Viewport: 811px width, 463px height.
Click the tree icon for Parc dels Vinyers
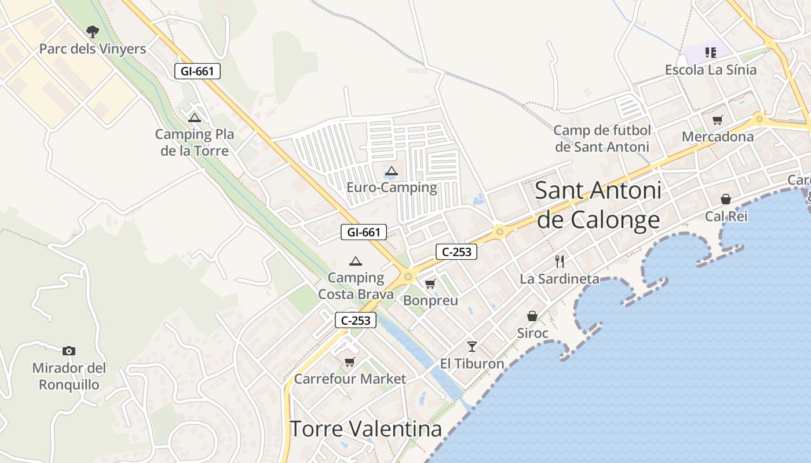tap(92, 31)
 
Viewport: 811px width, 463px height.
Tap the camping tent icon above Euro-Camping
tap(392, 171)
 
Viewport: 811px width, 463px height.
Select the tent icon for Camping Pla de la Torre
tap(195, 118)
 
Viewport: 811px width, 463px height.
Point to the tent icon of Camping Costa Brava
tap(356, 261)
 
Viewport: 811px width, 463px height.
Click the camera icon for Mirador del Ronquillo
tap(69, 351)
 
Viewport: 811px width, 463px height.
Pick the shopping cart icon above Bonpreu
tap(430, 284)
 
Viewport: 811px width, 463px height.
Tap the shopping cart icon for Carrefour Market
tap(349, 362)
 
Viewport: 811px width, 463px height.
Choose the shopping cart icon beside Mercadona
tap(718, 120)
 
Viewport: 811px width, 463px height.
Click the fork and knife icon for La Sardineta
tap(559, 262)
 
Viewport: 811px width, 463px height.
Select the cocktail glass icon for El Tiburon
tap(472, 346)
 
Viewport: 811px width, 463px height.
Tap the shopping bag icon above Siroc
tap(532, 316)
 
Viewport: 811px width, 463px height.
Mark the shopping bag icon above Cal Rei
tap(726, 199)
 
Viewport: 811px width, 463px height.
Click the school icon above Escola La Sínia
tap(711, 53)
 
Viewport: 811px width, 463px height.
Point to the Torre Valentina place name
tap(366, 429)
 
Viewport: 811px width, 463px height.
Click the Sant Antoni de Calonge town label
tap(598, 205)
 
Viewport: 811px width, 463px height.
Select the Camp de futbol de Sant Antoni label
tap(602, 138)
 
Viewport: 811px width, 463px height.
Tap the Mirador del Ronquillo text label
tap(69, 376)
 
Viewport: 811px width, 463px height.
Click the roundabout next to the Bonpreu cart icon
tap(408, 277)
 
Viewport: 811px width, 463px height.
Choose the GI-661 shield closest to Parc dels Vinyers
tap(198, 71)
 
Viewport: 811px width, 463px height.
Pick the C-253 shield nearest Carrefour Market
tap(356, 320)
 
